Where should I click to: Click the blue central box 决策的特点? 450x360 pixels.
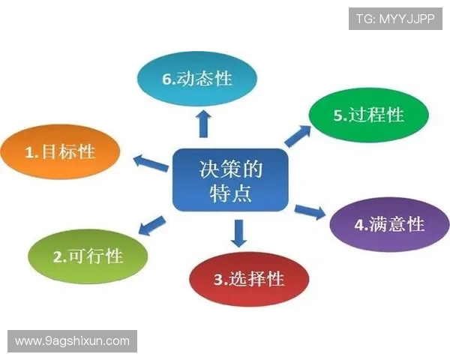tap(231, 180)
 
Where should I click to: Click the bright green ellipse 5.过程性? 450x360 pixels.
tap(368, 115)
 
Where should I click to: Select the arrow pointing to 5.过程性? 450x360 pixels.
tap(297, 135)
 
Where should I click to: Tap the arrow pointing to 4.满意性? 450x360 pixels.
tap(310, 211)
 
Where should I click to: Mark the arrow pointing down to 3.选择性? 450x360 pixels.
tap(238, 233)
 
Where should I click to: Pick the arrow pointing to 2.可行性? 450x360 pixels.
tap(153, 223)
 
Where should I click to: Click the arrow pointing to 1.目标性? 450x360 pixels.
tap(150, 161)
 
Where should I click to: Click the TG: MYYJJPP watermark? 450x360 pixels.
tap(395, 18)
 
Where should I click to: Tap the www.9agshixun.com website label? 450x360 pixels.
tap(72, 341)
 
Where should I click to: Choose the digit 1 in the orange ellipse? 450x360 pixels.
tap(30, 153)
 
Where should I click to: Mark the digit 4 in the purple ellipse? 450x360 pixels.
tap(358, 225)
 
